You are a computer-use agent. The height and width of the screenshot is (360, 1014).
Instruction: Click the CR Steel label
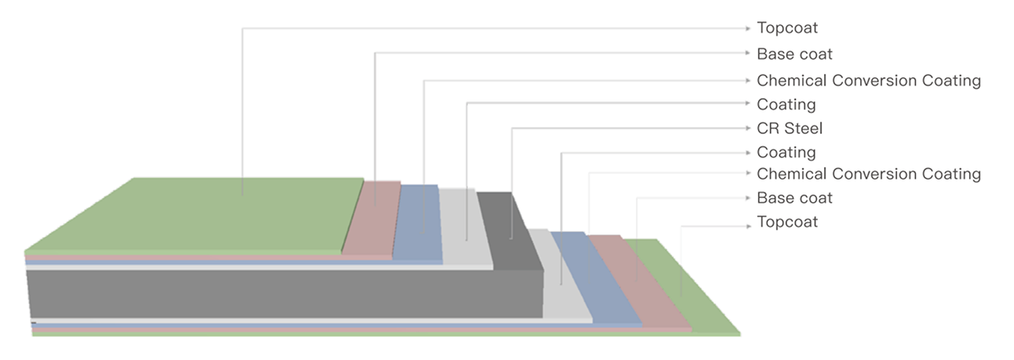[790, 129]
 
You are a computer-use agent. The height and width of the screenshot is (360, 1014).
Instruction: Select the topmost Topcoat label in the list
[787, 28]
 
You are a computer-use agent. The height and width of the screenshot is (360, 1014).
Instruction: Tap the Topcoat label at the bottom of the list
[787, 222]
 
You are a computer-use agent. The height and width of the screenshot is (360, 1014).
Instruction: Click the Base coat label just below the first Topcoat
[795, 54]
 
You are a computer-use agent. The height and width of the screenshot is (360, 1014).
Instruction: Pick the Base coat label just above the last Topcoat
[795, 198]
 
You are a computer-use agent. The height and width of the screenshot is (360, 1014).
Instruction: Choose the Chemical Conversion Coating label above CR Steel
[869, 81]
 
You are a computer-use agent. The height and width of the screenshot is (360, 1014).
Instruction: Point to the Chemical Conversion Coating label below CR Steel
[869, 174]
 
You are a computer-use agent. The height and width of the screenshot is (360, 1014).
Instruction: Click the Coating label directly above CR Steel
[786, 105]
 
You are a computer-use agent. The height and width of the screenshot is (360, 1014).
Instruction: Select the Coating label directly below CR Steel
[786, 153]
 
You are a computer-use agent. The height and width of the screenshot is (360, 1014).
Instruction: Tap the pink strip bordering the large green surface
[372, 219]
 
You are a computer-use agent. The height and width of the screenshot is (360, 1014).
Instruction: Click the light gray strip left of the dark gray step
[466, 226]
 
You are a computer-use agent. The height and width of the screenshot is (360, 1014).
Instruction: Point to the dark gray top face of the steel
[509, 231]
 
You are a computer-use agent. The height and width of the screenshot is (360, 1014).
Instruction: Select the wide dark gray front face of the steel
[285, 293]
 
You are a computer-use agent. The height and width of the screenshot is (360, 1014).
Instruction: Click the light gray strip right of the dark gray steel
[561, 276]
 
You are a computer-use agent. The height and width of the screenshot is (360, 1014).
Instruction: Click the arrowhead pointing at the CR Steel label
[748, 129]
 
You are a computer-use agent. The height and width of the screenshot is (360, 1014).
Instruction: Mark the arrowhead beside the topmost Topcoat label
[748, 28]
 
